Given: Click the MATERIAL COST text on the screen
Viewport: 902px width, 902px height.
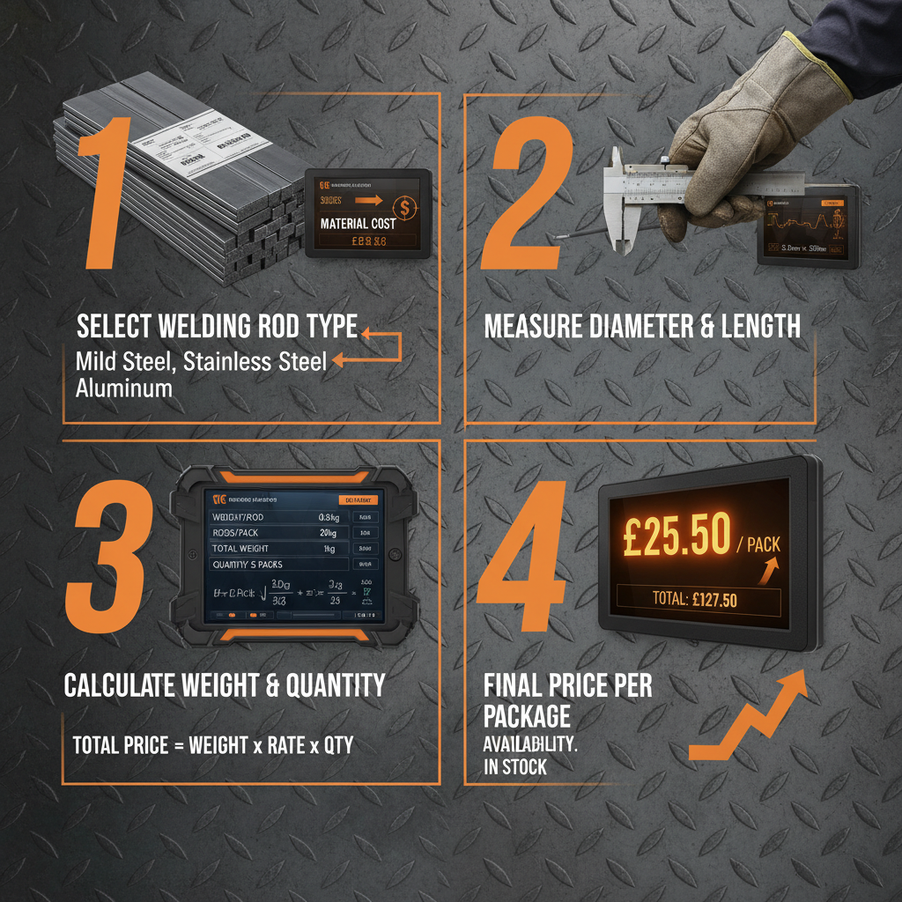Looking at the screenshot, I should [x=358, y=224].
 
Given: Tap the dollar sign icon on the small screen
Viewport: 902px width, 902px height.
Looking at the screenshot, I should [x=404, y=207].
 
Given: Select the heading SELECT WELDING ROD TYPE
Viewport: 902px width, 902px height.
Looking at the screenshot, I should [x=217, y=328].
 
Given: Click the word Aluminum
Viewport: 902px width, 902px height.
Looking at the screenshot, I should [x=124, y=387].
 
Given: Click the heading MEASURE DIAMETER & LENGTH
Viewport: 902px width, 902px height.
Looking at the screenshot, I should [x=642, y=328].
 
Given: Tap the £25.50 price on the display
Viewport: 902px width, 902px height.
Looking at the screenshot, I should [x=676, y=536].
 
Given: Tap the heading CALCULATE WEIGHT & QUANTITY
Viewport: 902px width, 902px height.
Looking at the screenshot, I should [x=225, y=684].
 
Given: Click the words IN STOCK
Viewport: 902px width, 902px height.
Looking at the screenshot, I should [x=515, y=766].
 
